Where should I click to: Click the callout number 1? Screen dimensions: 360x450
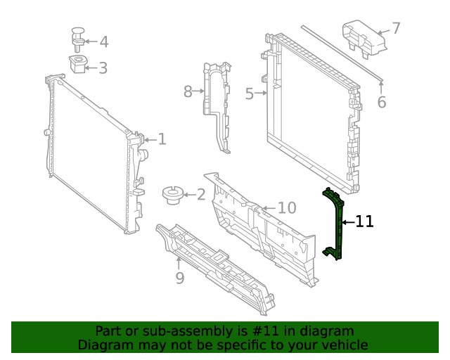[x=162, y=139]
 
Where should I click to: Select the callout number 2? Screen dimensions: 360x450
[x=201, y=195]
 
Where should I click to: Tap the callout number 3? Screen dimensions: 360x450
[x=103, y=68]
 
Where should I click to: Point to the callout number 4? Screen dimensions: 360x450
[x=103, y=42]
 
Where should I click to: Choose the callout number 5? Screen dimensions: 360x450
[x=249, y=94]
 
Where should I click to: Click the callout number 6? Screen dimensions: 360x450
[x=382, y=103]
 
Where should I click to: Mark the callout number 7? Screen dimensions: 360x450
[x=396, y=28]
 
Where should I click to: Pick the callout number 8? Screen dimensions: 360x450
[x=188, y=91]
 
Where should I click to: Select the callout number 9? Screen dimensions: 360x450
[x=179, y=278]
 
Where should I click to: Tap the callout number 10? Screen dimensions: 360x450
[x=287, y=208]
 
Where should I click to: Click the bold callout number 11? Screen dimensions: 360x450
[x=364, y=222]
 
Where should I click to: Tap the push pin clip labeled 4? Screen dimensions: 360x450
[x=77, y=37]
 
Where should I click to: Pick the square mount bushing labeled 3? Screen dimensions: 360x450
[x=78, y=65]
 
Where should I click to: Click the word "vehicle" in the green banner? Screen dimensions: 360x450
[x=342, y=345]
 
